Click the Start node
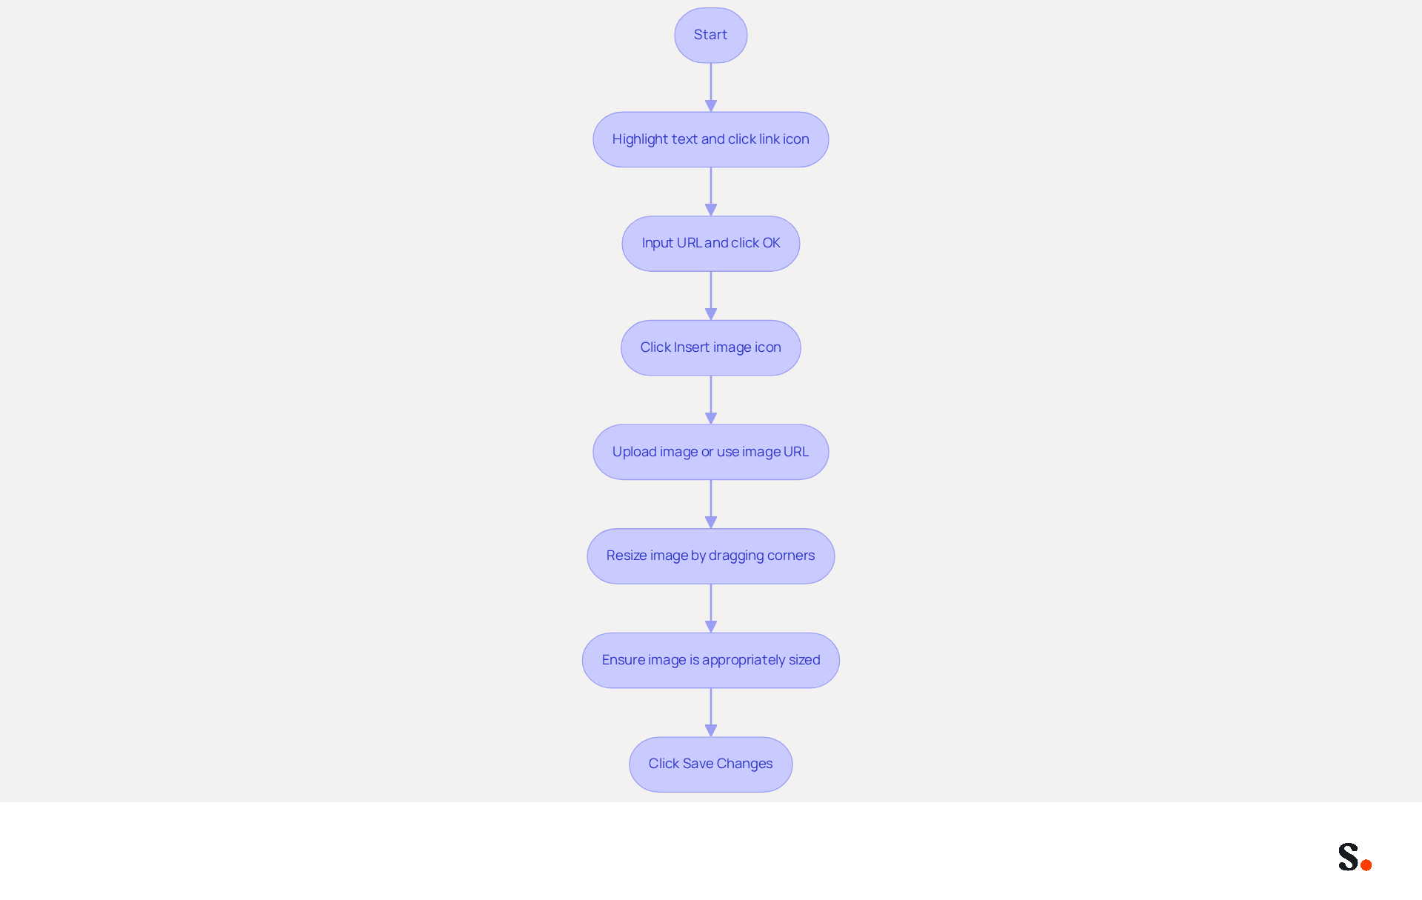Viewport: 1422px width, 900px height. point(710,36)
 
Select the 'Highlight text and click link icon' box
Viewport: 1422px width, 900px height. point(710,139)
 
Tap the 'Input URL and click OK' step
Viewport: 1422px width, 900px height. point(710,244)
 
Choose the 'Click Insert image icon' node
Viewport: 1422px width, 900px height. point(710,347)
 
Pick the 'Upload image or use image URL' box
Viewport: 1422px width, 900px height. point(710,452)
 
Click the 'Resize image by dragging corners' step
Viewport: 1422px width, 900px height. point(710,556)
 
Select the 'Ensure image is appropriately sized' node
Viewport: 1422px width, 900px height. point(710,660)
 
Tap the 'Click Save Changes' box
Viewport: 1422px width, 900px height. point(710,764)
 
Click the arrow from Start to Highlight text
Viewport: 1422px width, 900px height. point(710,87)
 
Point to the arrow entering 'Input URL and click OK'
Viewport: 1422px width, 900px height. point(710,192)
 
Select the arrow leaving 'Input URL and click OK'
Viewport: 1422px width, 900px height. point(710,296)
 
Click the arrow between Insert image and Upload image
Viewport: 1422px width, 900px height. point(710,400)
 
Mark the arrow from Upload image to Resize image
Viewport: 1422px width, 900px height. point(710,504)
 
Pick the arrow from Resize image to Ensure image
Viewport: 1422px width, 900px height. point(710,608)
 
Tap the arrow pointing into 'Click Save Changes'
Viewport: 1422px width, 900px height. point(710,713)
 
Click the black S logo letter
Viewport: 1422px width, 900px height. point(1348,856)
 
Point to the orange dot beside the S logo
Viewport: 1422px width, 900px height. point(1366,864)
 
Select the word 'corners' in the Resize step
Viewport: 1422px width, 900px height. point(791,556)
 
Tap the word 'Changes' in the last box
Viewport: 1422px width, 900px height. point(744,764)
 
